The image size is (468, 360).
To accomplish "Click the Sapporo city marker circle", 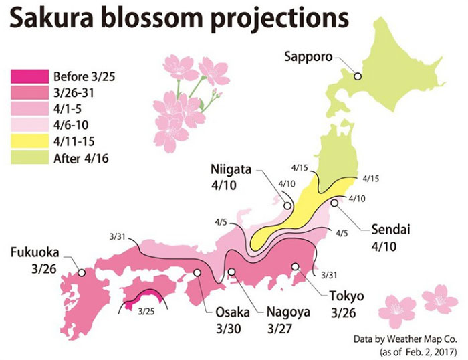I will pos(358,76).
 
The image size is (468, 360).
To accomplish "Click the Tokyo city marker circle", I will pos(295,266).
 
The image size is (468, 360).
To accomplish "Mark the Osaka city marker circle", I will pos(198,272).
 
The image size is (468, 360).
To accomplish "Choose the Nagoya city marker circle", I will pos(231,272).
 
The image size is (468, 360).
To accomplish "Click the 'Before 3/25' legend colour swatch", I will pos(29,75).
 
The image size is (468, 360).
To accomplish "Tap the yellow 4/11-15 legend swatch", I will pos(29,143).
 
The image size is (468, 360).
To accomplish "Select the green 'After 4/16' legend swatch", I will pos(29,159).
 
